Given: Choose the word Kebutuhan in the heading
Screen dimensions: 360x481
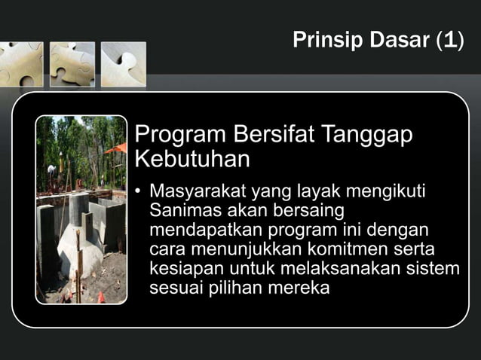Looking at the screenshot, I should point(191,160).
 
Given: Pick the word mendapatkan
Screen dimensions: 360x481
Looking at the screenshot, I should point(199,229).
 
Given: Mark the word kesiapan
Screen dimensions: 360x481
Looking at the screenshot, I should point(182,268).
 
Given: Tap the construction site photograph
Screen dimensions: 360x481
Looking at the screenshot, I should point(81,209).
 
